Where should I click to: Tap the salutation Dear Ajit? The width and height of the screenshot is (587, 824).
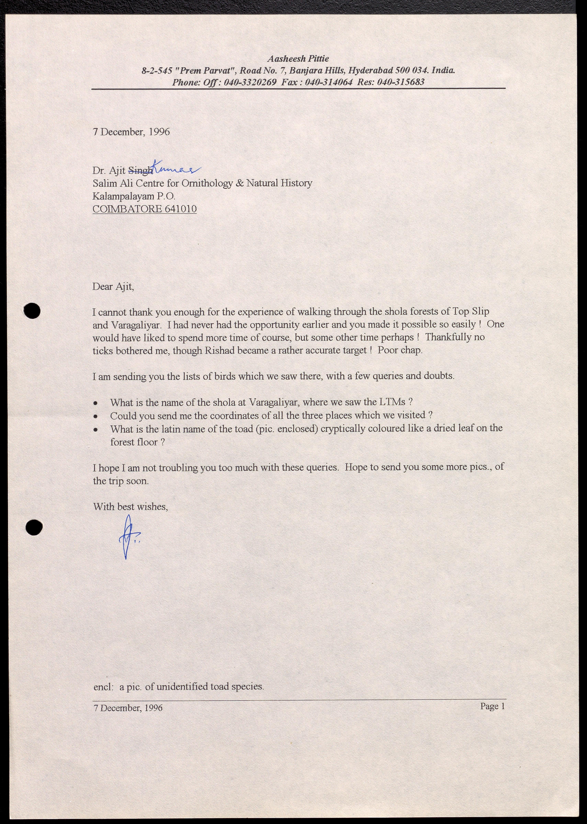(113, 287)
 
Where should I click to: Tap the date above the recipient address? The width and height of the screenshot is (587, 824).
(131, 132)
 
